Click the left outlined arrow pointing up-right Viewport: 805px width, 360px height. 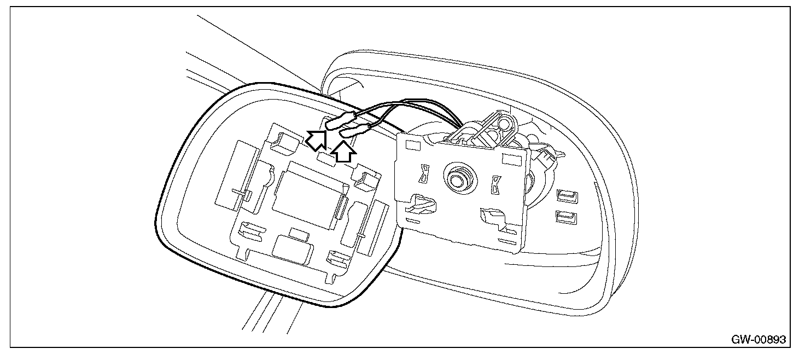tap(316, 141)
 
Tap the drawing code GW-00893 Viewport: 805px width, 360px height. tap(758, 340)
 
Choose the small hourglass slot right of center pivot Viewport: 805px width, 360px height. tap(496, 184)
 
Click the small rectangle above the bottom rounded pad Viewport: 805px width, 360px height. tap(299, 234)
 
